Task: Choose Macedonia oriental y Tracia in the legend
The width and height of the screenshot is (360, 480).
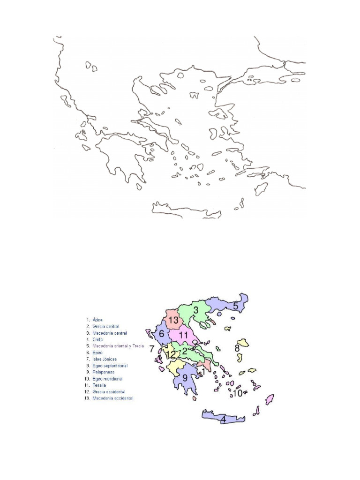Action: [118, 346]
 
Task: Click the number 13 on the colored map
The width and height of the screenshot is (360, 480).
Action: [173, 320]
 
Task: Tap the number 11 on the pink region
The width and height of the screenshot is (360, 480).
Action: [183, 335]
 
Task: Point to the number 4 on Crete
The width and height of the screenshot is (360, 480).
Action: [224, 419]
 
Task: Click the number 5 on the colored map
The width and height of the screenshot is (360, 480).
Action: [236, 306]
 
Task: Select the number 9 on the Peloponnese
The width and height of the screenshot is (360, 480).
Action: [185, 377]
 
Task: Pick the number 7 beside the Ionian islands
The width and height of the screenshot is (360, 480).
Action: [151, 349]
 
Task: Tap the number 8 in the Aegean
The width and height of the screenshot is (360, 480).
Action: [237, 348]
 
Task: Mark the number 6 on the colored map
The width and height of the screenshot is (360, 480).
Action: [162, 334]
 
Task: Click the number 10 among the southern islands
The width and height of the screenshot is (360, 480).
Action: [237, 393]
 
